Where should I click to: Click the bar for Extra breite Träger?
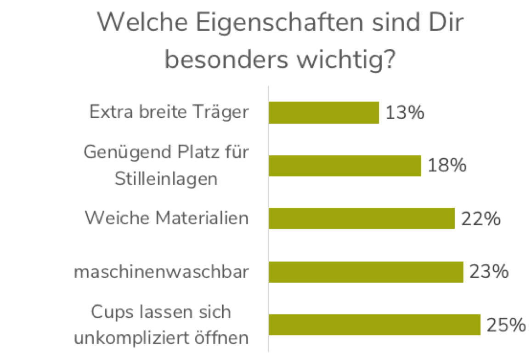pyautogui.click(x=324, y=113)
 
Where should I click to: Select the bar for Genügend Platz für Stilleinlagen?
pyautogui.click(x=345, y=166)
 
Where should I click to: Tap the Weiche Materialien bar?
pyautogui.click(x=362, y=218)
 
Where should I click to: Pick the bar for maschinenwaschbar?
pyautogui.click(x=366, y=272)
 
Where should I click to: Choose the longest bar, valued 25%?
pyautogui.click(x=374, y=325)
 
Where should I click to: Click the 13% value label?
pyautogui.click(x=404, y=113)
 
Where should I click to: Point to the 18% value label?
pyautogui.click(x=447, y=166)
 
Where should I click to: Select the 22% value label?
pyautogui.click(x=480, y=219)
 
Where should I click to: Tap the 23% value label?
pyautogui.click(x=489, y=272)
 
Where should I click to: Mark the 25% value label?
pyautogui.click(x=506, y=325)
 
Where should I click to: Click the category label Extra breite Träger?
pyautogui.click(x=169, y=112)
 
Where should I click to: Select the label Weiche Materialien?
pyautogui.click(x=166, y=217)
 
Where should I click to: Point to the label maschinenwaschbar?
pyautogui.click(x=161, y=272)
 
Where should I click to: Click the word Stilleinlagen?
pyautogui.click(x=166, y=178)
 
